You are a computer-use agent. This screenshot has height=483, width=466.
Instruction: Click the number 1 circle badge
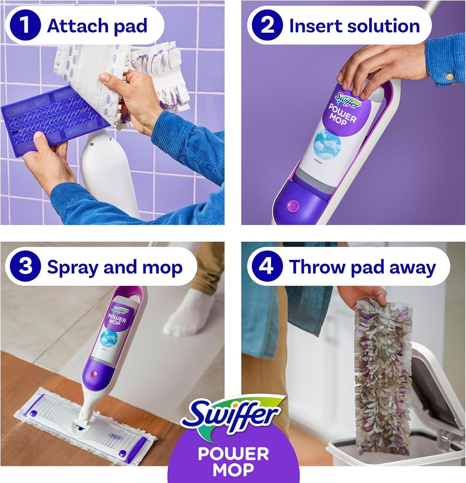click(25, 26)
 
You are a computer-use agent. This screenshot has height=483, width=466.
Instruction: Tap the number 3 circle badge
click(25, 267)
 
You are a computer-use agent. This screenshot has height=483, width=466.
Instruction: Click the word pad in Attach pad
click(130, 26)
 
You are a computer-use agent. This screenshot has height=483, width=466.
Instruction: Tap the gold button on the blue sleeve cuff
click(448, 77)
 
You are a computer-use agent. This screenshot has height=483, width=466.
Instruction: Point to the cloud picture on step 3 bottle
click(109, 338)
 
